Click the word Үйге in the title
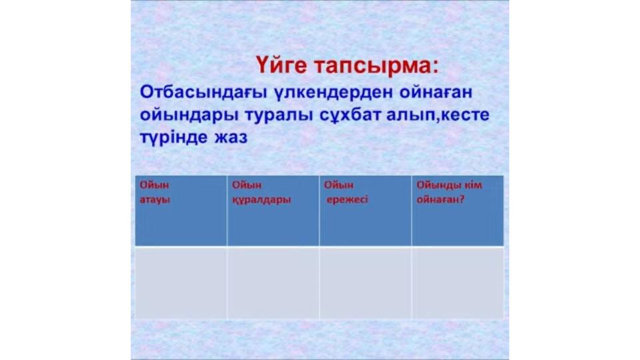(281, 65)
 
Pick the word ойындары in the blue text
(189, 115)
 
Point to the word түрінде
(174, 137)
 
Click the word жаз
(231, 137)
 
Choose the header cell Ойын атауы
(181, 211)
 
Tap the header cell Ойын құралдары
(273, 211)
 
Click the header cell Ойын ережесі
(365, 211)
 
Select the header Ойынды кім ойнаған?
(458, 211)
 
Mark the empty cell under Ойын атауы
(181, 283)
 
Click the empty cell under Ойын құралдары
(273, 283)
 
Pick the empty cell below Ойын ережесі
(365, 283)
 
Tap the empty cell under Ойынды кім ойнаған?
(458, 283)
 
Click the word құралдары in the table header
(261, 200)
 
